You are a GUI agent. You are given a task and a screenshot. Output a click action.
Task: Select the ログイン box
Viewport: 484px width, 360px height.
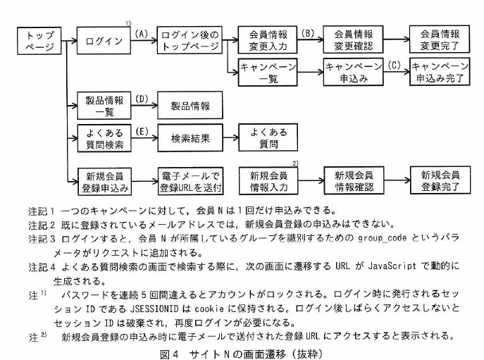[x=104, y=41]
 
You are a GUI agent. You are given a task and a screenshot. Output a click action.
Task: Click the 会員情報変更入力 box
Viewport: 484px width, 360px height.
[x=267, y=41]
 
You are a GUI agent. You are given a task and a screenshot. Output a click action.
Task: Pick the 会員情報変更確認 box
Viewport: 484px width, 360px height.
[x=352, y=41]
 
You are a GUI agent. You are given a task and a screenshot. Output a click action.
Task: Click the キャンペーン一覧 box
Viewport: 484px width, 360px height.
[x=267, y=74]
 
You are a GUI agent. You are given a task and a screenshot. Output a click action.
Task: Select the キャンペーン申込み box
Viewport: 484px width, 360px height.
[x=352, y=74]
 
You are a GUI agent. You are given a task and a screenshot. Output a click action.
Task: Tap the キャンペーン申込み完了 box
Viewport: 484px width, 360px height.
[x=440, y=74]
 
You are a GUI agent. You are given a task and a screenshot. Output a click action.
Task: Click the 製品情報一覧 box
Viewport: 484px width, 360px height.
[x=104, y=106]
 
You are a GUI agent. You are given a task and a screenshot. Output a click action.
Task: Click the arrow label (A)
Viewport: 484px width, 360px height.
[x=141, y=33]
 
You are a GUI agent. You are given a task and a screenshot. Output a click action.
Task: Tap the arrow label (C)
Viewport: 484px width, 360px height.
[x=395, y=66]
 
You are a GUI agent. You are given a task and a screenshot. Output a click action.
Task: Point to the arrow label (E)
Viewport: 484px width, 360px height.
[x=141, y=132]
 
